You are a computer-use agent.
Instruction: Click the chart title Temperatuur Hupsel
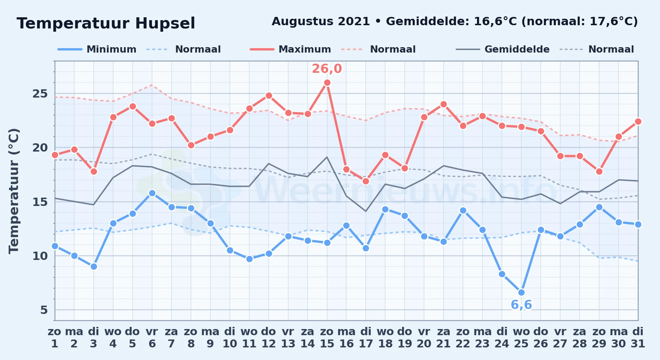click(106, 23)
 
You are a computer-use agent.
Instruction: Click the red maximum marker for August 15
click(327, 82)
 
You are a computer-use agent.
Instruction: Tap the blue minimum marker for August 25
click(521, 292)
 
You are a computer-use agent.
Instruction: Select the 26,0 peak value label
click(327, 68)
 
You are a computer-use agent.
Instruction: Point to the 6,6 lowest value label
click(521, 305)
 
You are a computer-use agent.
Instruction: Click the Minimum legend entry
click(97, 49)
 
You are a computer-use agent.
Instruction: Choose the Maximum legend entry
click(290, 49)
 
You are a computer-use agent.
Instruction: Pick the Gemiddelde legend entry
click(503, 49)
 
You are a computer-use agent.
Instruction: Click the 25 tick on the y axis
click(40, 94)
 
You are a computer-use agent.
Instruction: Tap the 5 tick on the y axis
click(44, 310)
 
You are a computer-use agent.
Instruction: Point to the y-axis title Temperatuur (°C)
click(14, 191)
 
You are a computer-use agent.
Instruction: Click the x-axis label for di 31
click(638, 337)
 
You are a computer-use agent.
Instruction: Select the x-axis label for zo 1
click(55, 337)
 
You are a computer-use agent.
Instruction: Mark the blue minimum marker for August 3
click(94, 266)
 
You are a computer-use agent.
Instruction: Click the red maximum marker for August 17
click(366, 181)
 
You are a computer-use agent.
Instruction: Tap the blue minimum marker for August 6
click(152, 193)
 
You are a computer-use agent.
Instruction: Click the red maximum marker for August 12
click(269, 95)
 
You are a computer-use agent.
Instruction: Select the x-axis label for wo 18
click(385, 337)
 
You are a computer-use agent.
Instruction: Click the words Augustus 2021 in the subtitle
click(321, 21)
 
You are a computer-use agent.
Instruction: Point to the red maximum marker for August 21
click(443, 104)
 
